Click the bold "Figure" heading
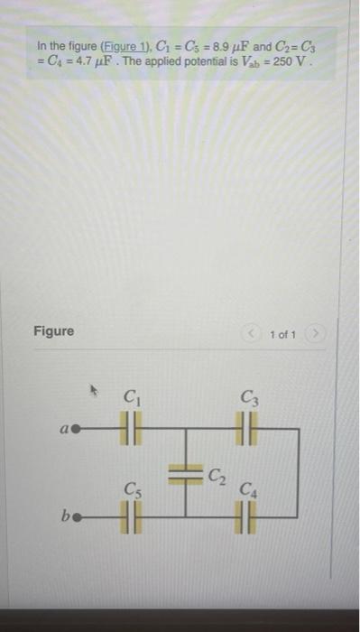click(x=54, y=331)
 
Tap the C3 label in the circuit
click(x=248, y=395)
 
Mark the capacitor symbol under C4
click(x=246, y=520)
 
